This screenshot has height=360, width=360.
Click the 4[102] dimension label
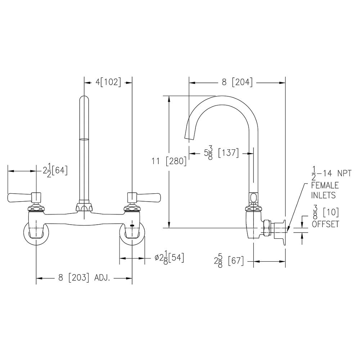click(x=108, y=82)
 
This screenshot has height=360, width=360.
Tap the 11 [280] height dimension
click(x=169, y=161)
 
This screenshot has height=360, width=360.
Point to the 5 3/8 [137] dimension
click(x=221, y=153)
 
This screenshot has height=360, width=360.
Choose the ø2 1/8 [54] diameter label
click(x=169, y=258)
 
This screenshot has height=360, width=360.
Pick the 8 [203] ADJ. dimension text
click(x=84, y=278)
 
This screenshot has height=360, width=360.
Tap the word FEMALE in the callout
click(x=325, y=185)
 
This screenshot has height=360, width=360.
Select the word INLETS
click(x=323, y=195)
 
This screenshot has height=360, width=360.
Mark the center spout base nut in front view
click(x=84, y=208)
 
